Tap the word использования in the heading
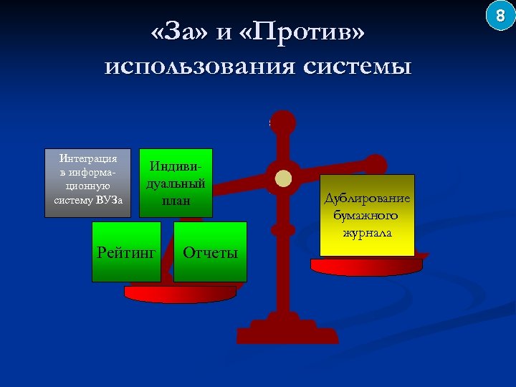200,67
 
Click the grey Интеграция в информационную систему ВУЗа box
88,182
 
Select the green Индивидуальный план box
176,182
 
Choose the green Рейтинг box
127,252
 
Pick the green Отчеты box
211,252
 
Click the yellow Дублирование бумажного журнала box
367,215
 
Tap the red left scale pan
180,293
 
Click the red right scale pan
367,264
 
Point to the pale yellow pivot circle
284,178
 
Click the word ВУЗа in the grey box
109,200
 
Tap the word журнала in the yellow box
367,233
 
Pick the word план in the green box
176,201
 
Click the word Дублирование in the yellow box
367,198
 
